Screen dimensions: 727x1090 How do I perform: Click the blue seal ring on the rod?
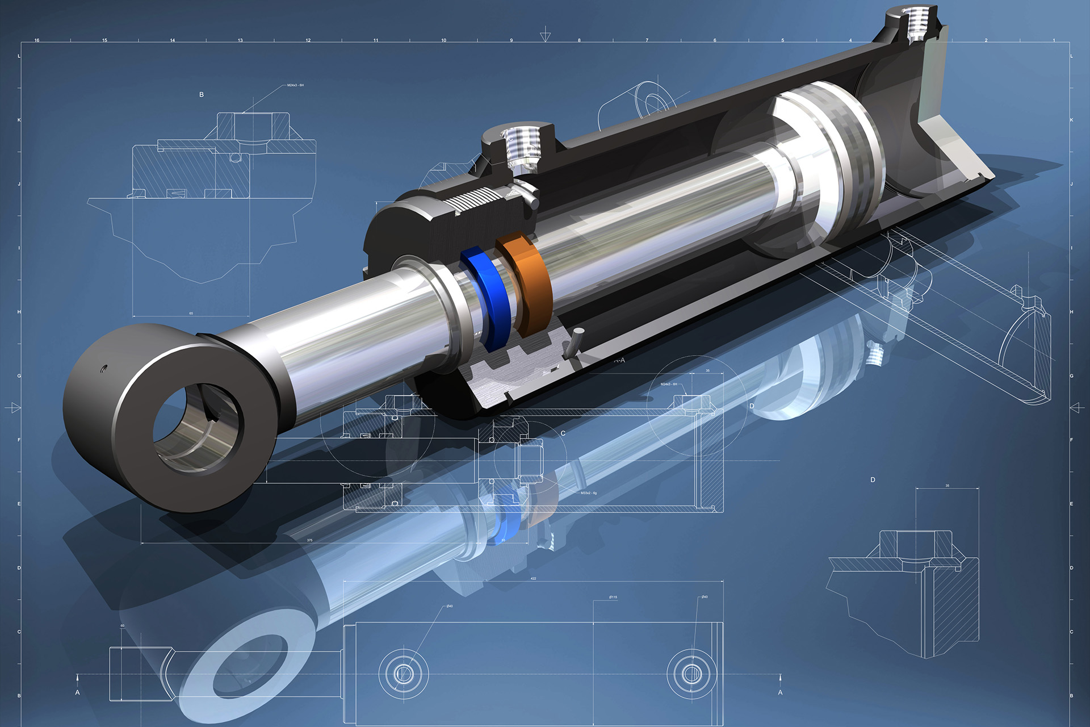click(486, 295)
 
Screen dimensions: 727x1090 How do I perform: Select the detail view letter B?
click(202, 95)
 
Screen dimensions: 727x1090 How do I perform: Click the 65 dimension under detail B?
click(191, 313)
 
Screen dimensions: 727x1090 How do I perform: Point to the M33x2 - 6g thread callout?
click(588, 493)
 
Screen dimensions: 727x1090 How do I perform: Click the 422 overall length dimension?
click(533, 578)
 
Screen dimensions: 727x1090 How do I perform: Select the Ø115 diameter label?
click(613, 597)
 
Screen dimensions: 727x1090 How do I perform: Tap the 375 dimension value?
click(309, 540)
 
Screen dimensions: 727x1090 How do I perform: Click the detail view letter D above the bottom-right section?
click(873, 480)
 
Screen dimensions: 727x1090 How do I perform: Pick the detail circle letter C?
click(563, 433)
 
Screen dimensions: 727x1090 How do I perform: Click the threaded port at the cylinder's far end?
click(915, 26)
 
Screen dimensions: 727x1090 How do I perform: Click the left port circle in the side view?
click(403, 674)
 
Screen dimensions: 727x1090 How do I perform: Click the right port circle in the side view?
click(691, 674)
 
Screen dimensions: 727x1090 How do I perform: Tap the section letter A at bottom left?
click(78, 692)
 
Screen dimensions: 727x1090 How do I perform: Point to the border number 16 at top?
click(37, 40)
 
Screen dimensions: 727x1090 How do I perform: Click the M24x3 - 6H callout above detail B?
click(295, 85)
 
